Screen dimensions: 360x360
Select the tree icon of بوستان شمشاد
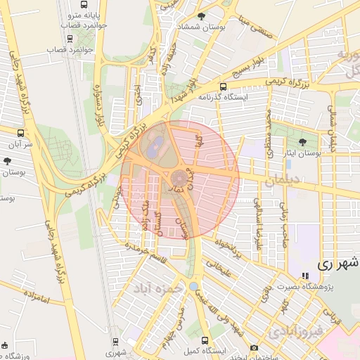coord(202,16)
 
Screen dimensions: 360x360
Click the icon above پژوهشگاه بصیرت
coord(304,276)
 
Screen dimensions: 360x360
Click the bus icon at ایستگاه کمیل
coord(204,339)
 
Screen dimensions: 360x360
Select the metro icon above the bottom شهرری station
coord(116,341)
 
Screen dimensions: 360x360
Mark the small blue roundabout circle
coord(193,286)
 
